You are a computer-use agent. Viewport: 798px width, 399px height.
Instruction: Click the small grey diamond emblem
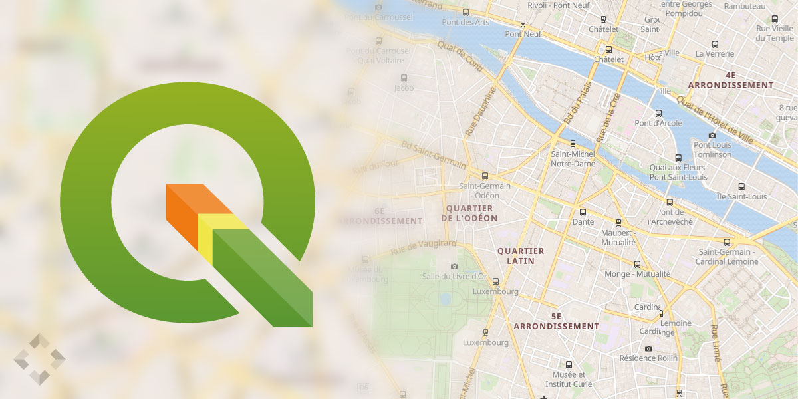coord(39,359)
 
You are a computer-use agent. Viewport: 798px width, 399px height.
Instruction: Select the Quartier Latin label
coord(521,256)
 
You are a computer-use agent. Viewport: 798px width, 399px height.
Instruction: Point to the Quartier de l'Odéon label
coord(469,213)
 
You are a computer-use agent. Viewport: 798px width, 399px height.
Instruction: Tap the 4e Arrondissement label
coord(731,80)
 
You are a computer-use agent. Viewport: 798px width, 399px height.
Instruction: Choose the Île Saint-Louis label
coord(741,197)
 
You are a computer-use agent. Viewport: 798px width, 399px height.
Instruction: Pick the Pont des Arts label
coord(465,22)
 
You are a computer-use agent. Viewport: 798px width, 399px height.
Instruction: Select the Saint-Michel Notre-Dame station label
coord(572,159)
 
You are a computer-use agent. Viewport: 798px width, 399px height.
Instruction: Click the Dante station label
coord(583,222)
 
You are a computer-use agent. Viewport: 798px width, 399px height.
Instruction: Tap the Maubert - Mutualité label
coord(620,238)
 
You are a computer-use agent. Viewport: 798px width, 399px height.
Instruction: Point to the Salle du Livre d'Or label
coord(456,276)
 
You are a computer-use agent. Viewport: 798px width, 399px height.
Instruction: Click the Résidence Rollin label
coord(648,358)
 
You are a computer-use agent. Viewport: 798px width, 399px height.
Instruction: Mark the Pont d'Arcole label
coord(658,123)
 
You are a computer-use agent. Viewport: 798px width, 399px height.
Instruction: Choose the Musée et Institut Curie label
coord(569,379)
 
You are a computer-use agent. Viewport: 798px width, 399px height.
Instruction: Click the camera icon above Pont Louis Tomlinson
coord(712,136)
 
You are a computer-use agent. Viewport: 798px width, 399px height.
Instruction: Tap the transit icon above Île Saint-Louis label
coord(741,186)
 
